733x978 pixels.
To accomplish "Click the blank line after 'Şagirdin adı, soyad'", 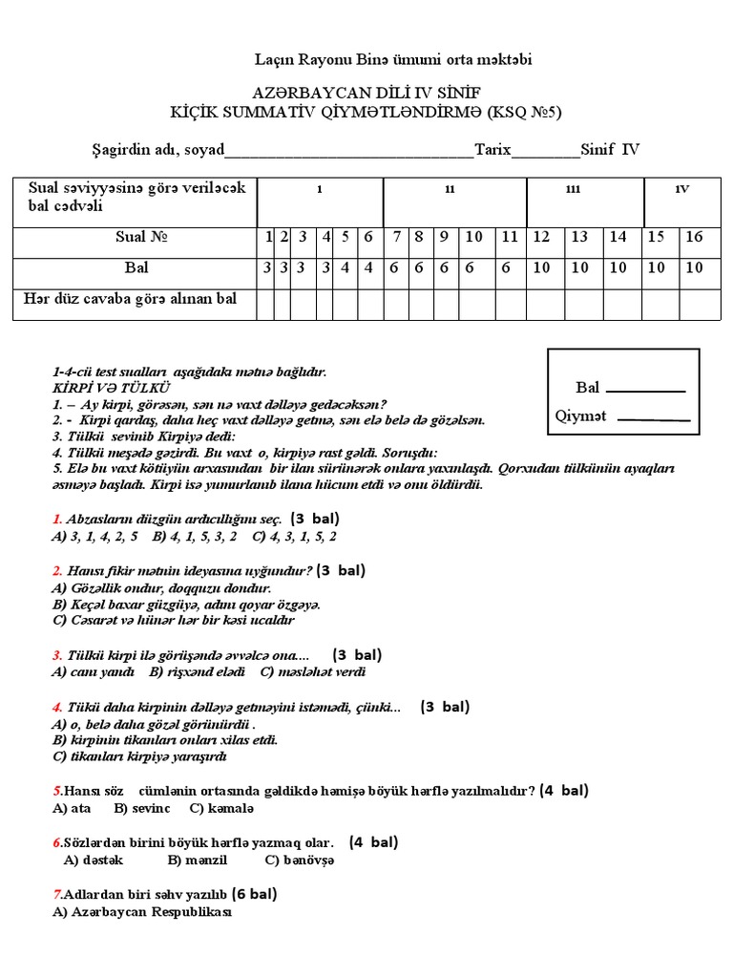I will [348, 152].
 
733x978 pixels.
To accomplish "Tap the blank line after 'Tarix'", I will [546, 152].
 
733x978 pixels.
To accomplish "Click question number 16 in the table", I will [694, 237].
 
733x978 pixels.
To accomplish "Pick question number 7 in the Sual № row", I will [394, 237].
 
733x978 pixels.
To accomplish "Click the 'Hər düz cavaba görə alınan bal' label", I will [130, 300].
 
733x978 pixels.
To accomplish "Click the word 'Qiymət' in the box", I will [581, 416].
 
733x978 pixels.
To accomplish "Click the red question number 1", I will [56, 519].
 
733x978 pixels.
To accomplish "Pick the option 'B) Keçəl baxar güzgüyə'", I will [186, 605].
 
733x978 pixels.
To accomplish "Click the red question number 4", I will [56, 708].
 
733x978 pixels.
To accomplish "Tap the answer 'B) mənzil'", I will [198, 860].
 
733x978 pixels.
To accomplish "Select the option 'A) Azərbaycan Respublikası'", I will [142, 912].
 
